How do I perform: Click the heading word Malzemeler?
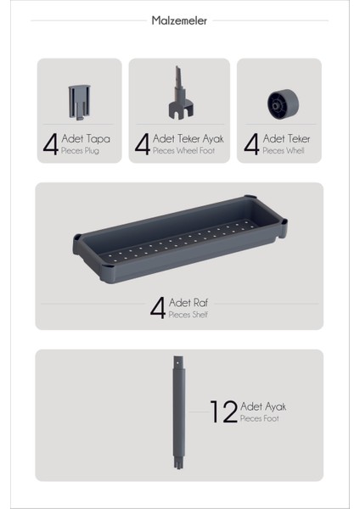pos(179,21)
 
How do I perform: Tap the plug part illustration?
pos(76,101)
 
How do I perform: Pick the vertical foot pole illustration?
pos(179,414)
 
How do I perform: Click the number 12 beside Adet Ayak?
pos(223,412)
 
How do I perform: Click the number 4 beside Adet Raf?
pos(158,307)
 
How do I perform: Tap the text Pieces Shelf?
pos(188,315)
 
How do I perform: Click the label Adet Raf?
pos(188,302)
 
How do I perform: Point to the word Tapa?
pos(98,138)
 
